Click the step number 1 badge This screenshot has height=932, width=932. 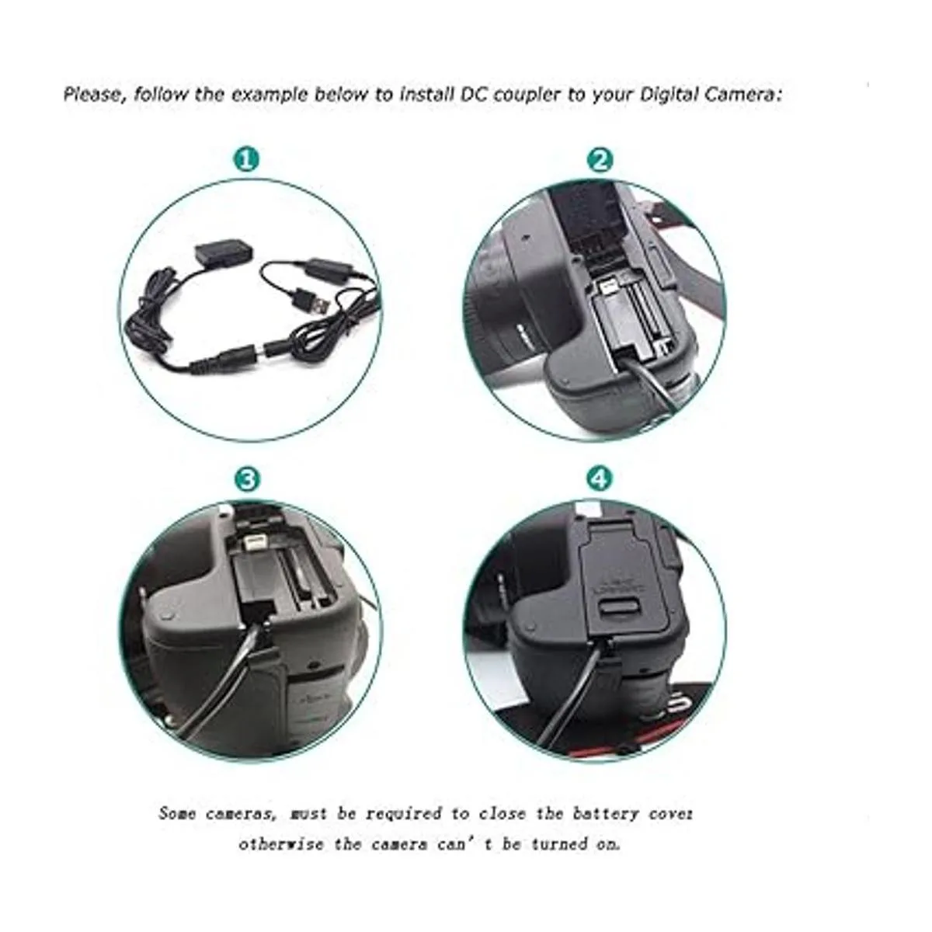(x=247, y=160)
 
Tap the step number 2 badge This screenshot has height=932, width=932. (x=600, y=160)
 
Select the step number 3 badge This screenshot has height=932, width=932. (x=247, y=479)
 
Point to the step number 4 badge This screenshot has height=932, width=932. (x=600, y=479)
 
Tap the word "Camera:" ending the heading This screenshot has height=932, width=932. (x=743, y=94)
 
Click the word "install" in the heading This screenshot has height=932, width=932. (x=425, y=94)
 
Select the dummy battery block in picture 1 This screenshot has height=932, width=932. (x=221, y=255)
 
